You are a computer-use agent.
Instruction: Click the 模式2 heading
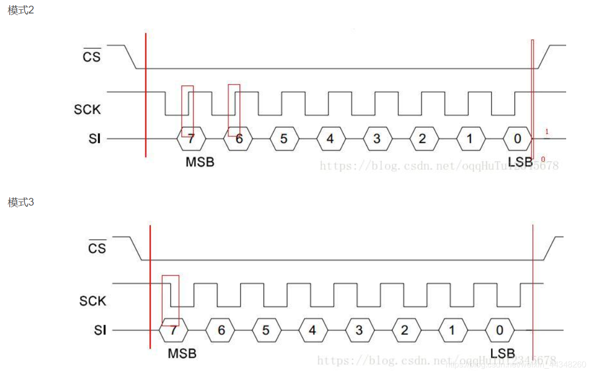coord(21,10)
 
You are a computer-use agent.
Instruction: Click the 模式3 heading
coord(21,203)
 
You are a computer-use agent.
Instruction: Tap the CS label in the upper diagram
coord(92,56)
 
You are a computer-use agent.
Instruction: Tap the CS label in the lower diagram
coord(97,248)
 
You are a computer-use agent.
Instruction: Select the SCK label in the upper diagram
coord(87,110)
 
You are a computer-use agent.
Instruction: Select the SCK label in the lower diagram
coord(93,301)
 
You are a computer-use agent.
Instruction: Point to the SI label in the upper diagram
coord(95,139)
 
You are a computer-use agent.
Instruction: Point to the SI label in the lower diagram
coord(100,330)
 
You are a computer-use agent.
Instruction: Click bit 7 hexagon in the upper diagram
coord(191,139)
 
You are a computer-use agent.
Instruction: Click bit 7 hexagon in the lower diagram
coord(173,330)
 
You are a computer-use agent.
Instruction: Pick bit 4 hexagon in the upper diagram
coord(330,139)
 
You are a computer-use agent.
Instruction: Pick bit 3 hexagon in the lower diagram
coord(359,330)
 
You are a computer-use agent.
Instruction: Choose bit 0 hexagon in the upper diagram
coord(518,139)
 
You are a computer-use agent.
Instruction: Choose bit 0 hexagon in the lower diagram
coord(499,330)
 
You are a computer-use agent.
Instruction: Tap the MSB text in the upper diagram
coord(200,163)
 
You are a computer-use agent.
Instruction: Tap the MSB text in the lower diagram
coord(182,354)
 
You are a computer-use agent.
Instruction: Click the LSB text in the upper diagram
coord(520,163)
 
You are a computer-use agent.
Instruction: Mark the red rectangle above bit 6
coord(234,110)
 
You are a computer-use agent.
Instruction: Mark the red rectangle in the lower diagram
coord(170,300)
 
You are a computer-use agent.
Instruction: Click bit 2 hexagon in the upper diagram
coord(423,139)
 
